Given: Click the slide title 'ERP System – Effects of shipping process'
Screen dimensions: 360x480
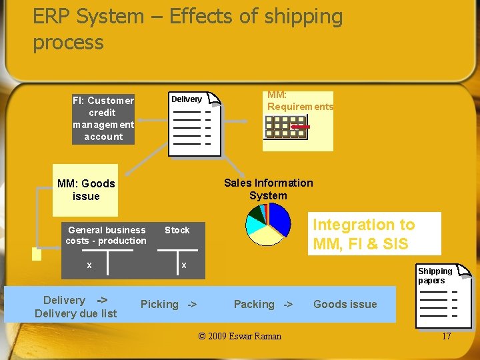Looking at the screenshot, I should (187, 29).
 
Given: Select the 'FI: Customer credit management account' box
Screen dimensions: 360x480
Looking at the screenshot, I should (103, 119).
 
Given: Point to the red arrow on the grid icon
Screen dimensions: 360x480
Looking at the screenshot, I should (301, 126).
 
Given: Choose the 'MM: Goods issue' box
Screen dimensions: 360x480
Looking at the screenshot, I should (85, 190).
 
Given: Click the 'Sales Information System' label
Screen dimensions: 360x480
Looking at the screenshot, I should (268, 189).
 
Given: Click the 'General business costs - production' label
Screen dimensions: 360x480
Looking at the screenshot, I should (107, 235).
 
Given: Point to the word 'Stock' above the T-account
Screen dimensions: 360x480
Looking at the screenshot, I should (177, 230).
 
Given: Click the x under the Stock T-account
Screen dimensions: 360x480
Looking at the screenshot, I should (184, 265).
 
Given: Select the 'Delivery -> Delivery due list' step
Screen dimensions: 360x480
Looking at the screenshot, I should (75, 307).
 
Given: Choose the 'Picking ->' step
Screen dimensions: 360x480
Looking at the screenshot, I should (169, 304).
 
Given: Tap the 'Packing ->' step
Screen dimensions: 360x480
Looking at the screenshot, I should (263, 304).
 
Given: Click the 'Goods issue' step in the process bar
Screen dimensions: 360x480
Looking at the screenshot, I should (345, 304).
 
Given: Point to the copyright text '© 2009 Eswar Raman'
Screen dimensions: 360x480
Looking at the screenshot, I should (240, 336).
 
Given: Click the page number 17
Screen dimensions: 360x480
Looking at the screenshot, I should (446, 336).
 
